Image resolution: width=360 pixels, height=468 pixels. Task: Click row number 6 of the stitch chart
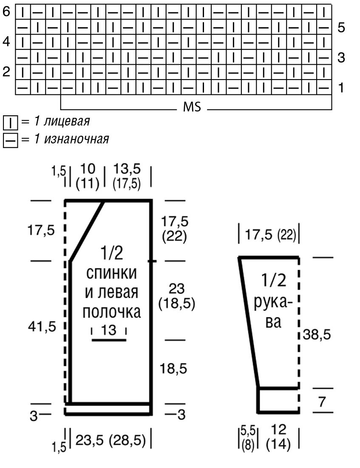pyautogui.click(x=6, y=12)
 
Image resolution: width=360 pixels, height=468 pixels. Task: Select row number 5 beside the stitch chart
pyautogui.click(x=341, y=28)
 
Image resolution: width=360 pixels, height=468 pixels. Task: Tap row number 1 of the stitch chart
pyautogui.click(x=341, y=88)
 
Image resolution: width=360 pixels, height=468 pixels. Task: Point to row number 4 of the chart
pyautogui.click(x=6, y=42)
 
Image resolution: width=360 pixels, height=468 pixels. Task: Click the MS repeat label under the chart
pyautogui.click(x=192, y=107)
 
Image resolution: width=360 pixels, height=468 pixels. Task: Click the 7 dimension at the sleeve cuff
pyautogui.click(x=322, y=401)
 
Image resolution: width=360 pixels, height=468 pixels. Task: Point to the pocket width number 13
pyautogui.click(x=109, y=330)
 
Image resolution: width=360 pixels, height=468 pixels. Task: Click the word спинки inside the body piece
pyautogui.click(x=111, y=273)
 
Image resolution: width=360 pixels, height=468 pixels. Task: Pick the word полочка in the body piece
pyautogui.click(x=111, y=312)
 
